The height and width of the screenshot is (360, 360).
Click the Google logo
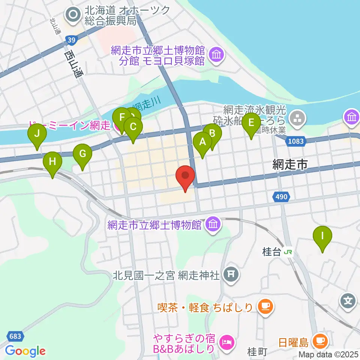(x=25, y=351)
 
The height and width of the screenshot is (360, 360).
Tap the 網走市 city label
(x=290, y=164)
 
